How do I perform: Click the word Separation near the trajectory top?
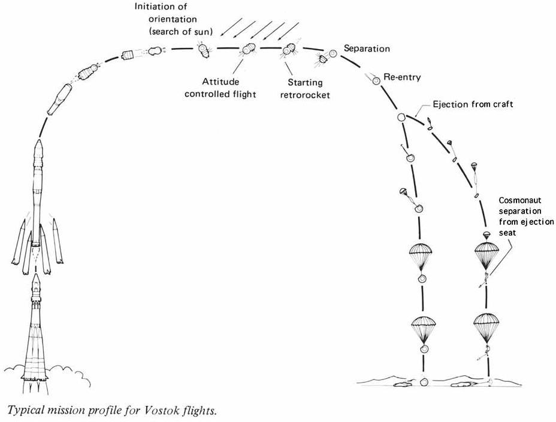tap(367, 49)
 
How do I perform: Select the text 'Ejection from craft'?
tap(473, 104)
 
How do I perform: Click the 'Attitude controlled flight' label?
tap(220, 88)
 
